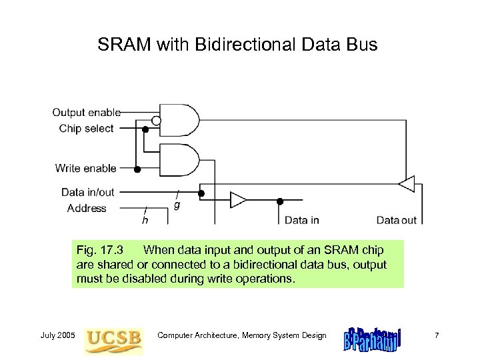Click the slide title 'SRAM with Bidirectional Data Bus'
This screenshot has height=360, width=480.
click(x=237, y=45)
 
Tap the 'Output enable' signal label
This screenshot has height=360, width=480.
click(x=87, y=113)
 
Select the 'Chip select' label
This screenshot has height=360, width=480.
click(x=87, y=128)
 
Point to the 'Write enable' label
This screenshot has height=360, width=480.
click(x=86, y=169)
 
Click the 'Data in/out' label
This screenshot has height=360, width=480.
click(x=88, y=193)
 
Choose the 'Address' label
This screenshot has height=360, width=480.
click(x=87, y=209)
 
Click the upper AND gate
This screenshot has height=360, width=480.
click(x=179, y=120)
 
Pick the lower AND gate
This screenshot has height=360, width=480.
click(x=179, y=161)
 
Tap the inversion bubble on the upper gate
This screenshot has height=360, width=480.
click(x=156, y=121)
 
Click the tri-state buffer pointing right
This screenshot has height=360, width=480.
click(x=238, y=200)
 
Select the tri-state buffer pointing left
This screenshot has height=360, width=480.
click(x=406, y=183)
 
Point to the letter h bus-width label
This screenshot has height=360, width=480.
click(x=145, y=219)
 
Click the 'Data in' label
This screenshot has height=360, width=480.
click(x=302, y=220)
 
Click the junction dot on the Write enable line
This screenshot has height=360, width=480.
click(x=137, y=169)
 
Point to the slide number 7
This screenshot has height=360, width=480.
click(x=436, y=335)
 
